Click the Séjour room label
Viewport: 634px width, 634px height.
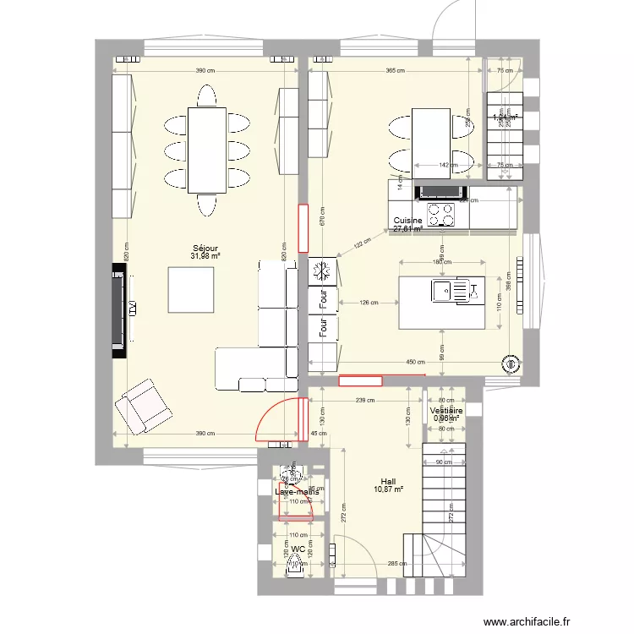(205, 249)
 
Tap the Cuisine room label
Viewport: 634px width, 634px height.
(407, 221)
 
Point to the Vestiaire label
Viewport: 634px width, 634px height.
(445, 410)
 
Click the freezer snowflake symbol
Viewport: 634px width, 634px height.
(322, 271)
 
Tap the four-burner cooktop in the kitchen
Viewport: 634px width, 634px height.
(440, 214)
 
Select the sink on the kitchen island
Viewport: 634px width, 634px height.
(444, 292)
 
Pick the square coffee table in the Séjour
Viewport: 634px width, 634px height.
(190, 289)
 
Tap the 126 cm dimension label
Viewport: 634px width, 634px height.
(368, 302)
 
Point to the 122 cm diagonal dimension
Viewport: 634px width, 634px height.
(361, 244)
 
